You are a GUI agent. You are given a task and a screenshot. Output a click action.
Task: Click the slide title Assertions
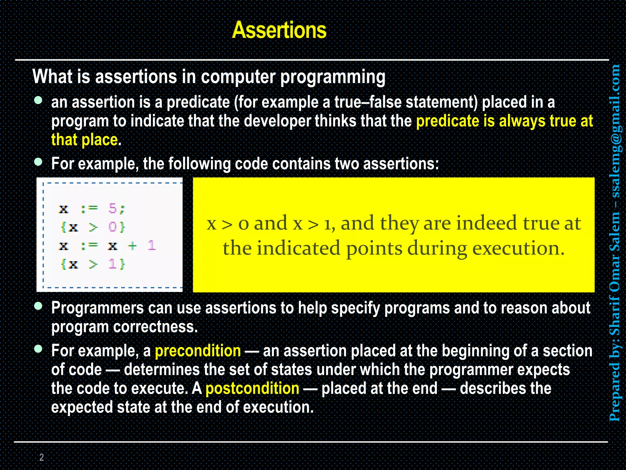click(279, 30)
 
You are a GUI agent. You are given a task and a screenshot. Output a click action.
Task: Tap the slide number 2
click(42, 457)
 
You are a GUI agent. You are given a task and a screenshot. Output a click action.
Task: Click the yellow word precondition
click(198, 351)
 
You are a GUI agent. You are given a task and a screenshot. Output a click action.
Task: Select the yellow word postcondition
click(252, 389)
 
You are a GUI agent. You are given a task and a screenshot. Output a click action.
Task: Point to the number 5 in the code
click(112, 208)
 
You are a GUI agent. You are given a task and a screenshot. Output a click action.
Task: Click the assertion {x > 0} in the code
click(93, 227)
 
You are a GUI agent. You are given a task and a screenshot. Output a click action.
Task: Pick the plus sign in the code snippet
click(132, 245)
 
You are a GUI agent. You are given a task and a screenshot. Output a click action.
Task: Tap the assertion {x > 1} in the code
click(93, 264)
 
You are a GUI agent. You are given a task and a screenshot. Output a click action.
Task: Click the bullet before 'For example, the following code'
click(38, 162)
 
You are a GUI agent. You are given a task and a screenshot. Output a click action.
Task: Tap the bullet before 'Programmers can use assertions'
click(38, 306)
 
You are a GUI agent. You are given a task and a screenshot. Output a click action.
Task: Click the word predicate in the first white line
click(198, 102)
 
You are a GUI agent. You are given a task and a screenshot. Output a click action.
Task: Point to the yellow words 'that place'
click(84, 140)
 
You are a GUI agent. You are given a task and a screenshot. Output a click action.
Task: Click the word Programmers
click(97, 308)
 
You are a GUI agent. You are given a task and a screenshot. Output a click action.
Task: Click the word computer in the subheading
click(238, 76)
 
